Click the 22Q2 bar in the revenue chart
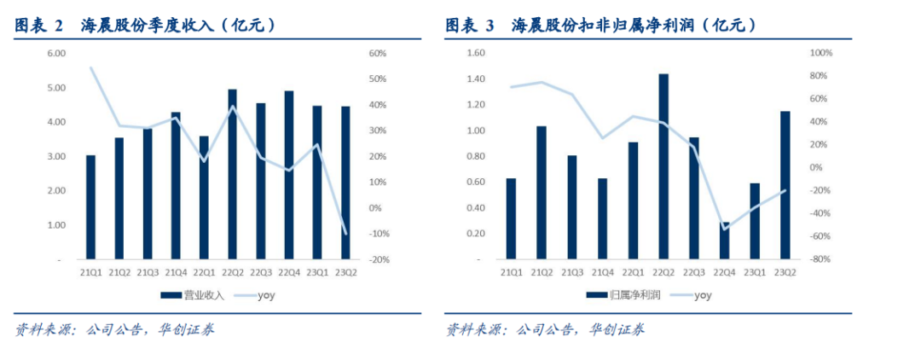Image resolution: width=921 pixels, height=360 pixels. [232, 174]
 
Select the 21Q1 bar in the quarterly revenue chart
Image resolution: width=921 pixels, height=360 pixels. [90, 207]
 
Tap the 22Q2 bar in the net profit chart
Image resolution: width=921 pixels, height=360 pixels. [663, 166]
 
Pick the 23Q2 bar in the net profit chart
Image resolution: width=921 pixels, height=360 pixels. [785, 185]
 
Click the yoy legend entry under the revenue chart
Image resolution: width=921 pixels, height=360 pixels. [256, 296]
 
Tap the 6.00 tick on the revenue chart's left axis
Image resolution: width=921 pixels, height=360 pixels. [56, 54]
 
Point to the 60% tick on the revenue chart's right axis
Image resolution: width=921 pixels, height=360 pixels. [378, 54]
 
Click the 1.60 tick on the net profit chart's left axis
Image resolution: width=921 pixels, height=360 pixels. [474, 54]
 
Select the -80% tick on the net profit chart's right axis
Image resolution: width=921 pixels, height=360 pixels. [820, 259]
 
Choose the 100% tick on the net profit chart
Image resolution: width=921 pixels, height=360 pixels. [820, 54]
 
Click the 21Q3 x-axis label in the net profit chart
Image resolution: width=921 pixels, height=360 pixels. [572, 273]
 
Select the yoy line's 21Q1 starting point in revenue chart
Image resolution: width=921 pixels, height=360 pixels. [90, 67]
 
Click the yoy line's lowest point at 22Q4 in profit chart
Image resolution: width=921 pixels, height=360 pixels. [724, 229]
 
